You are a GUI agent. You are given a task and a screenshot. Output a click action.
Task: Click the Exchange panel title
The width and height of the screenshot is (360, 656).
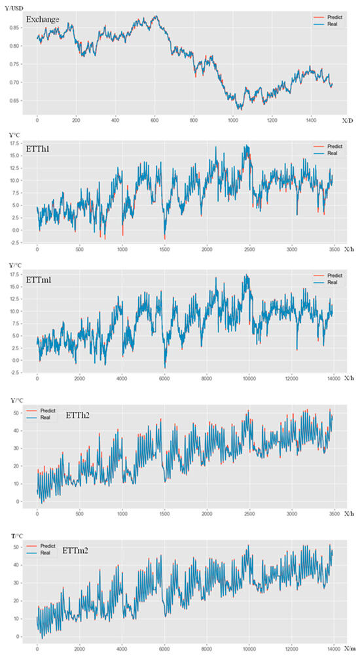click(x=43, y=20)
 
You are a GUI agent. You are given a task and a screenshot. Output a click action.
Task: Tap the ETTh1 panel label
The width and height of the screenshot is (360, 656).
click(x=38, y=149)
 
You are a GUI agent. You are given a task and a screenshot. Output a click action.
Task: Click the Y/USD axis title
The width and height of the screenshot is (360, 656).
click(x=16, y=5)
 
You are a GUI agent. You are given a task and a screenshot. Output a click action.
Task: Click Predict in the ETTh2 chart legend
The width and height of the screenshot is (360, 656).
click(x=49, y=410)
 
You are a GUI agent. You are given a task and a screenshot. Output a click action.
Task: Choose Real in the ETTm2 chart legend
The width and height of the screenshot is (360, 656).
click(x=47, y=553)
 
